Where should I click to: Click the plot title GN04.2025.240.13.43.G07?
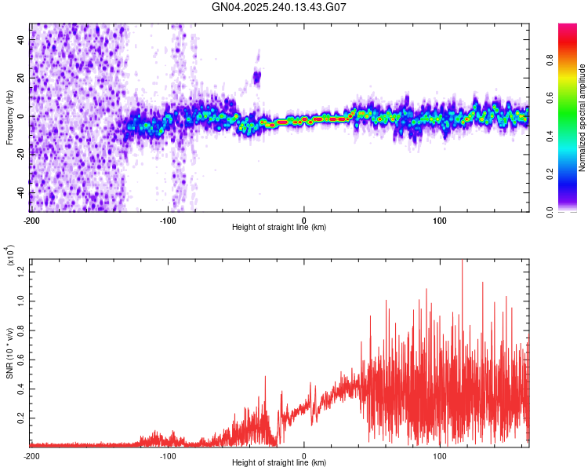(x=279, y=7)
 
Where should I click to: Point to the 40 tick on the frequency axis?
(x=21, y=40)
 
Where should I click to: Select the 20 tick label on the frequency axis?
(x=21, y=78)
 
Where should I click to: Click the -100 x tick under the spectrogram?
(x=168, y=218)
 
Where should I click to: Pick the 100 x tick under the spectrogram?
(x=440, y=218)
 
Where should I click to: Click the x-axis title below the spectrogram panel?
(x=279, y=227)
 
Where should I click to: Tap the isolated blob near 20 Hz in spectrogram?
(x=256, y=77)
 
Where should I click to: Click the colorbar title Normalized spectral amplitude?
(x=583, y=118)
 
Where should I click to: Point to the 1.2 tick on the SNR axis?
(x=21, y=271)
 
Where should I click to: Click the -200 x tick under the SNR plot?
(x=31, y=455)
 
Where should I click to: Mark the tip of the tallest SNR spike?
(x=462, y=260)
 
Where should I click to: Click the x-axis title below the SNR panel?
(x=279, y=464)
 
